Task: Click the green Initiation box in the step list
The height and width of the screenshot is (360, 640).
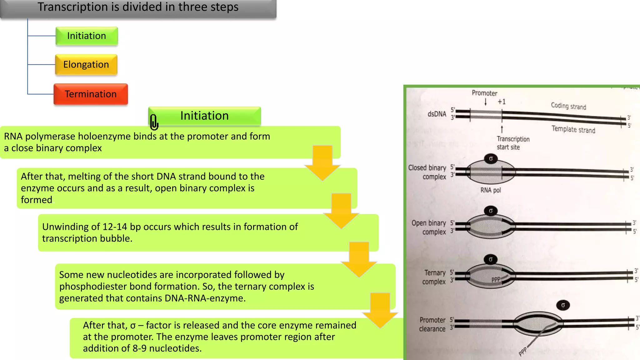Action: [87, 36]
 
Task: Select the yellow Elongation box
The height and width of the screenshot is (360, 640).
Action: [86, 64]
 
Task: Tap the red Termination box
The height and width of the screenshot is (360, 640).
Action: [91, 94]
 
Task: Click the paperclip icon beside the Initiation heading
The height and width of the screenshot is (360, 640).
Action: [154, 122]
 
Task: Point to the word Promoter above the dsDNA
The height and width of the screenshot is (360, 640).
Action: [484, 93]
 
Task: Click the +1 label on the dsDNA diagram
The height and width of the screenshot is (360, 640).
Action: [502, 102]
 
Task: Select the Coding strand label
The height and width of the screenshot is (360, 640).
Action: [568, 106]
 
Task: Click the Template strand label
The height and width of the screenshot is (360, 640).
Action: [573, 129]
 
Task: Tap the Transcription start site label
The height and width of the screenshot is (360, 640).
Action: [513, 143]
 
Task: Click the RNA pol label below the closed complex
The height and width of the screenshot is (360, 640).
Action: [490, 190]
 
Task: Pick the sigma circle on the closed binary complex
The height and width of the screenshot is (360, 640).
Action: [491, 159]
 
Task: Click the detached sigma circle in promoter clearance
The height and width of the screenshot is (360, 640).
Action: [563, 305]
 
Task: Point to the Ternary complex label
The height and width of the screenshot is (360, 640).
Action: [434, 277]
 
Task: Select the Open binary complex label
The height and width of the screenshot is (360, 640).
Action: [429, 227]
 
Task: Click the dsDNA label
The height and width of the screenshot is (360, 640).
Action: [437, 114]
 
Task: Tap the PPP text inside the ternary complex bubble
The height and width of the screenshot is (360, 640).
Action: [496, 279]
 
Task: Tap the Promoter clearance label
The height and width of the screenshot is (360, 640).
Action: [432, 324]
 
